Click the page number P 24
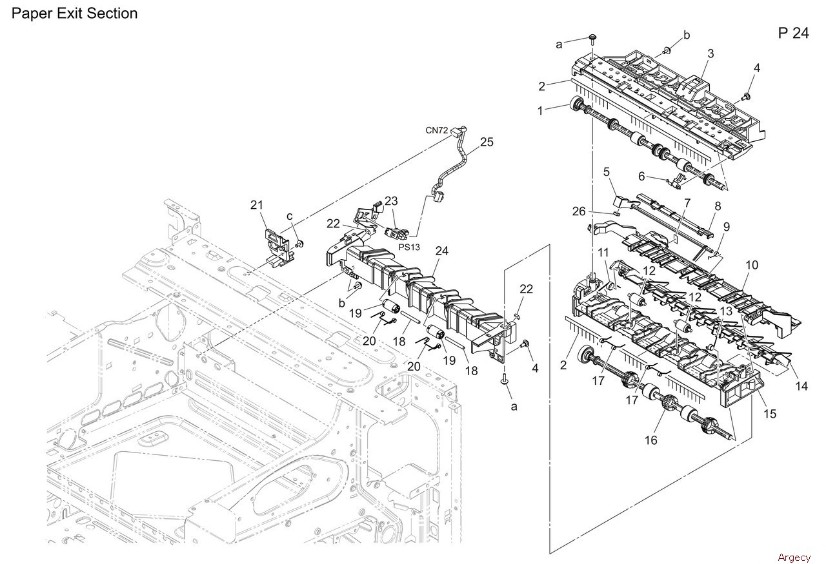point(793,34)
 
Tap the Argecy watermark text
point(794,557)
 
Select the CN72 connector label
point(437,130)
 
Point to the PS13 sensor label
point(408,246)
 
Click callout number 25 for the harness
point(487,142)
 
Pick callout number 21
point(257,205)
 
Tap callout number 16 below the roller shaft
point(650,440)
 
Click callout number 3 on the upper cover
point(710,54)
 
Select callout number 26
point(579,211)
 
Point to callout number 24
point(441,250)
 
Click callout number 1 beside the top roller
point(540,111)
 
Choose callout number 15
point(770,414)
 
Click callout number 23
point(390,200)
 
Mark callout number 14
point(801,386)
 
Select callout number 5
point(607,171)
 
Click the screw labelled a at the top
point(592,41)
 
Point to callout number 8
point(717,207)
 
